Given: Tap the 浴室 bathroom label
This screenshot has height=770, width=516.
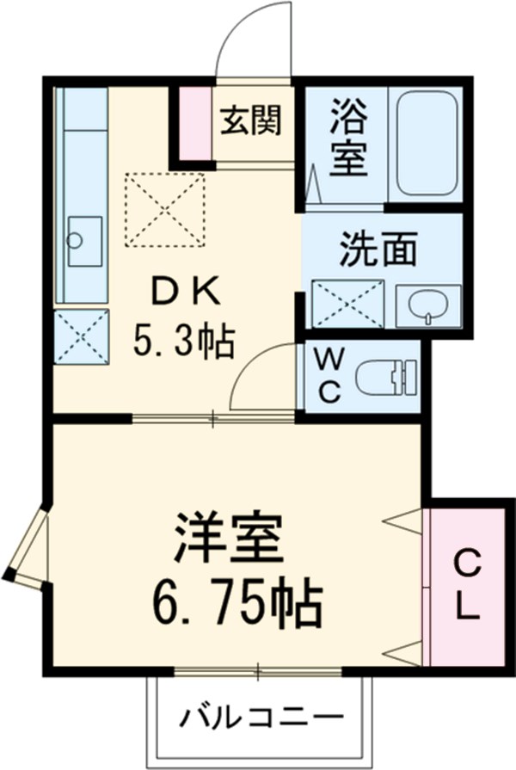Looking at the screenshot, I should click(x=348, y=137).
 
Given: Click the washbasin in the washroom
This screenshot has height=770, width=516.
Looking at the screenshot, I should click(x=427, y=305).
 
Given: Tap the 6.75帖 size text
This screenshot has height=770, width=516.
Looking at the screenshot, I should click(x=236, y=604).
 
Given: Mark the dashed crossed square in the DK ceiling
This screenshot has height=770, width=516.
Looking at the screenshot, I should click(x=166, y=210).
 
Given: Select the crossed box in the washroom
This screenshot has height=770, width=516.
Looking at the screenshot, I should click(x=347, y=305).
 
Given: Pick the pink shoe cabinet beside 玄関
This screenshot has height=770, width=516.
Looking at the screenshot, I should click(x=196, y=123).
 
